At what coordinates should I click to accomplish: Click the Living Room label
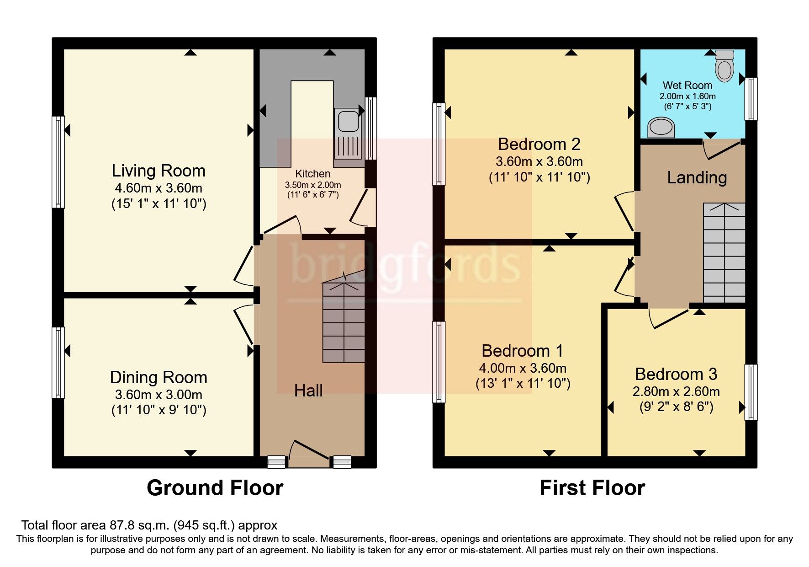click(x=159, y=171)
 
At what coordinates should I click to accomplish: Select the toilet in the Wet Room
click(x=724, y=66)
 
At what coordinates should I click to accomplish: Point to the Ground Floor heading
click(x=215, y=488)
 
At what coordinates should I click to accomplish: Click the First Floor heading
click(x=592, y=488)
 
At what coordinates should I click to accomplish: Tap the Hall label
click(x=308, y=390)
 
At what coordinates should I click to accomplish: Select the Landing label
click(x=697, y=177)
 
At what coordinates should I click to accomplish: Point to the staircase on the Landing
click(x=724, y=253)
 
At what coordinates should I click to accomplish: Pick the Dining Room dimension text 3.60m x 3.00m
click(x=159, y=395)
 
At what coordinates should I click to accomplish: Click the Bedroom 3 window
click(x=751, y=392)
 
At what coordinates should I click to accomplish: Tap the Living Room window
click(x=58, y=162)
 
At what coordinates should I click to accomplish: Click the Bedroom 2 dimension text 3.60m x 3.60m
click(x=539, y=161)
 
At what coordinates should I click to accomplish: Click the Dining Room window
click(x=58, y=362)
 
